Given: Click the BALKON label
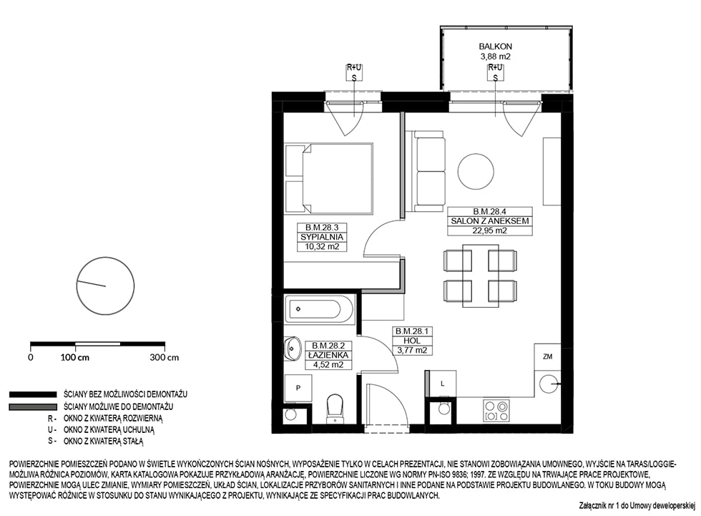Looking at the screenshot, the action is (495, 46).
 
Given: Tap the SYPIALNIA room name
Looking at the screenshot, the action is (322, 237).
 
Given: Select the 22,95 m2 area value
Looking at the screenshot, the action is (490, 230).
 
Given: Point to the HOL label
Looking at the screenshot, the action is (412, 340).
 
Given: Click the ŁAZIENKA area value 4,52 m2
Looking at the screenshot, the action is (328, 364).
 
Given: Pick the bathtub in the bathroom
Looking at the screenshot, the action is (319, 309).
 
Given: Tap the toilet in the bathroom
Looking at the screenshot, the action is (335, 408).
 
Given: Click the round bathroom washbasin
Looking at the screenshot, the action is (293, 347).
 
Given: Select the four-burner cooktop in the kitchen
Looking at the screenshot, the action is (496, 411).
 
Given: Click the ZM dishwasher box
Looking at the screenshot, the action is (547, 356).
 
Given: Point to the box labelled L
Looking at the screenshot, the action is (443, 383).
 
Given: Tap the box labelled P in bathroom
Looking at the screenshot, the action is (298, 388).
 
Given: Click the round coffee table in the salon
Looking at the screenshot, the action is (476, 171).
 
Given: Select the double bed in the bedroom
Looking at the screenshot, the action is (328, 178).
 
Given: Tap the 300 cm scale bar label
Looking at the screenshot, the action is (164, 357).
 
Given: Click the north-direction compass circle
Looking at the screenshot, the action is (106, 286).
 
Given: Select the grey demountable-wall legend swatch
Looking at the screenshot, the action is (33, 407).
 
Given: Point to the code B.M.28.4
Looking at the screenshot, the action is (490, 212).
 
